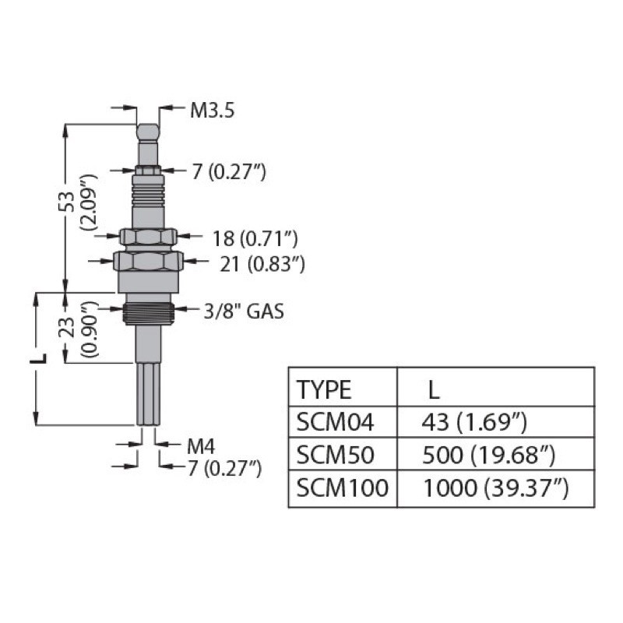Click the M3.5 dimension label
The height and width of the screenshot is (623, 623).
point(212,111)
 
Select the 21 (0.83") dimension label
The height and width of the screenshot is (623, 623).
point(261,265)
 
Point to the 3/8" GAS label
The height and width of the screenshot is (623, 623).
point(244,312)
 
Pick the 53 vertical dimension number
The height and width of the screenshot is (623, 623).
point(69,201)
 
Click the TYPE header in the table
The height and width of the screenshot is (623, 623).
point(325,389)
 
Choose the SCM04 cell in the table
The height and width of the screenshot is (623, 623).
point(336,422)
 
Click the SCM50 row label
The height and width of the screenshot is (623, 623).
point(336,455)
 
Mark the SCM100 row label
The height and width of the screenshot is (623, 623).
point(343,488)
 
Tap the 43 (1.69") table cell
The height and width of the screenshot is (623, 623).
point(474,422)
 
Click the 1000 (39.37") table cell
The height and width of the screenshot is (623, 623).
point(495,488)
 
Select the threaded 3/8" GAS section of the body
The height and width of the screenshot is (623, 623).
point(148,313)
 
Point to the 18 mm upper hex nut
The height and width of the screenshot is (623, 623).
point(148,236)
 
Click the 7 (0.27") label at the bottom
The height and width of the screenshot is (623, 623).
point(224,467)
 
